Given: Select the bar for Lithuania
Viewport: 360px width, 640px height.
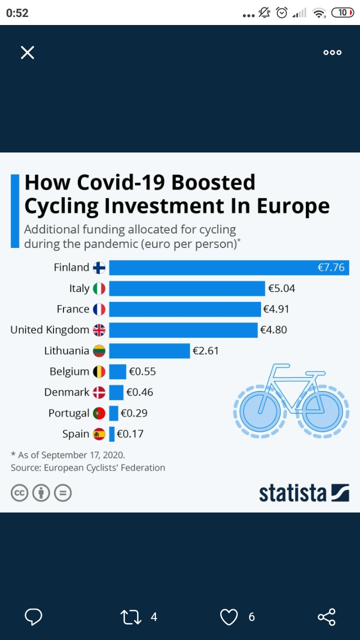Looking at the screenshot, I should (x=149, y=350).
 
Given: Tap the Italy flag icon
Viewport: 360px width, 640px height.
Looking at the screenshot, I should (x=99, y=288).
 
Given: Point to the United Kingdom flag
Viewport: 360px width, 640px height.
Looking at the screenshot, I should (x=99, y=330).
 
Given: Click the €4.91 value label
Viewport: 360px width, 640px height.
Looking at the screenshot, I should (x=276, y=309).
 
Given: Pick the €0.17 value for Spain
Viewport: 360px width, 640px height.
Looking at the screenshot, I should (x=130, y=434).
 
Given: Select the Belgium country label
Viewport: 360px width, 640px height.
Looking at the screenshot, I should (x=69, y=371).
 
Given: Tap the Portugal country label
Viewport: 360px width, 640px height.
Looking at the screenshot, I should (x=68, y=413).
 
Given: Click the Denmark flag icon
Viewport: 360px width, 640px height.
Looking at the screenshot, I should (x=99, y=392).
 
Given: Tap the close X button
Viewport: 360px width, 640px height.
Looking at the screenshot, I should (x=27, y=52).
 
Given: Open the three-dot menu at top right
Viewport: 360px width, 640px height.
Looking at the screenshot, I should (x=332, y=52).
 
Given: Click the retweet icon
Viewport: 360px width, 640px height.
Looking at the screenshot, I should (x=131, y=617).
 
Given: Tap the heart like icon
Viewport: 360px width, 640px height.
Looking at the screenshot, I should (x=229, y=617).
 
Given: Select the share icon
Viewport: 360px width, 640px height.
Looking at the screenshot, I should (x=326, y=617).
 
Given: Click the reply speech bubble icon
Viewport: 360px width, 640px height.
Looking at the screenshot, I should (x=33, y=617).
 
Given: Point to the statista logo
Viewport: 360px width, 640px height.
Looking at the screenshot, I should (x=304, y=492).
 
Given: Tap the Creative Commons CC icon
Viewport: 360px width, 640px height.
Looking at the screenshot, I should (x=19, y=493).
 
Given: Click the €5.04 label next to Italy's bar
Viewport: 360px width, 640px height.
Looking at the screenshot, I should (x=281, y=288).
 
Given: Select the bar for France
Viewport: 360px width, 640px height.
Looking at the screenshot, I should (x=185, y=309).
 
